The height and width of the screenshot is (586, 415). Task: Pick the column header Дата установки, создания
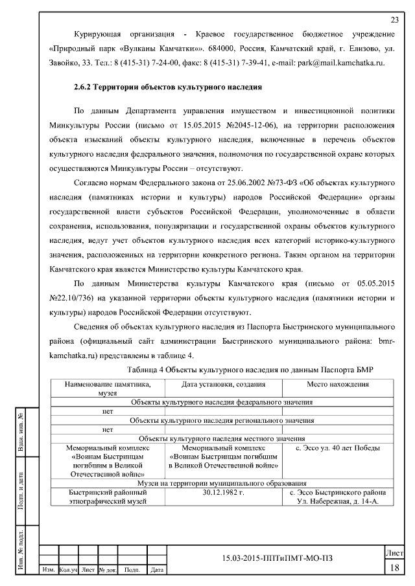pyautogui.click(x=223, y=384)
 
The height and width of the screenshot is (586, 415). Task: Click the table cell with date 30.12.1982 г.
pyautogui.click(x=223, y=492)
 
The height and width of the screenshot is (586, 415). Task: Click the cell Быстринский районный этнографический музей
pyautogui.click(x=108, y=497)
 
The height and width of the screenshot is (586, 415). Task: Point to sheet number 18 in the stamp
pyautogui.click(x=394, y=568)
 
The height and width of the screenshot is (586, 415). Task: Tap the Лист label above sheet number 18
pyautogui.click(x=394, y=554)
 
